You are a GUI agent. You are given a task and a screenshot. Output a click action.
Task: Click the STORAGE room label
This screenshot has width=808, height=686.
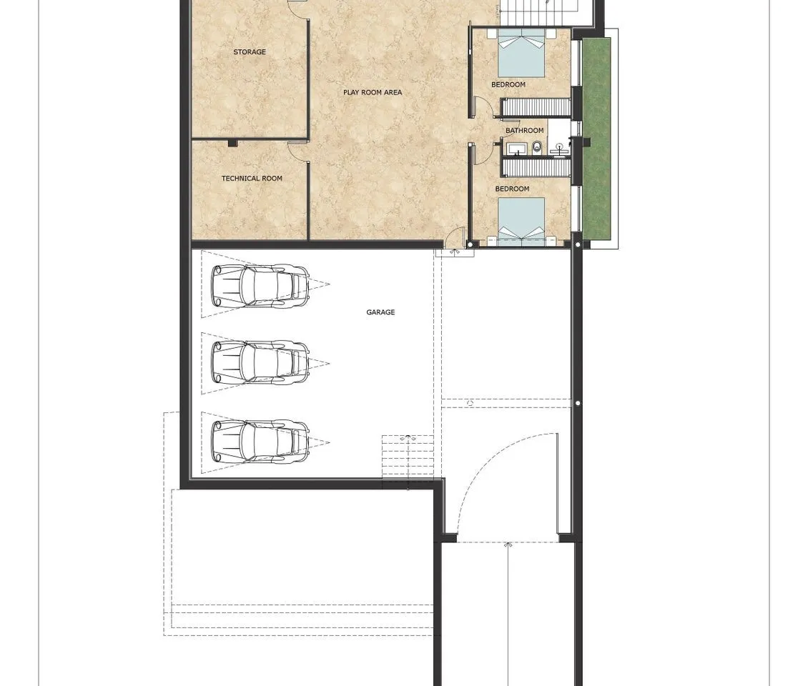[x=250, y=52]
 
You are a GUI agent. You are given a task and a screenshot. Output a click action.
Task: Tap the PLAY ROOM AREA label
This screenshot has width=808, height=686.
[x=373, y=93]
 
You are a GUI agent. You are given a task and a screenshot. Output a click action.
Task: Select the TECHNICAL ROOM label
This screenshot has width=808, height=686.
[x=252, y=179]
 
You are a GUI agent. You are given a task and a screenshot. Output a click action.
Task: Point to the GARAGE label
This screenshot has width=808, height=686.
[x=381, y=312]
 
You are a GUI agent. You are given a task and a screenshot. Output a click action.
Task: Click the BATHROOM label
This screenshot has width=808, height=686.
[x=525, y=131]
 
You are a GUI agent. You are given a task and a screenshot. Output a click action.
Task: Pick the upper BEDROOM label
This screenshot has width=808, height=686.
[x=508, y=84]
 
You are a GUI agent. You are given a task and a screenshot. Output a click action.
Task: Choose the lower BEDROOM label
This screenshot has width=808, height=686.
[x=512, y=189]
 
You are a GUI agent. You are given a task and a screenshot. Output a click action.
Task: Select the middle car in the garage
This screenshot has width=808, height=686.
[x=260, y=363]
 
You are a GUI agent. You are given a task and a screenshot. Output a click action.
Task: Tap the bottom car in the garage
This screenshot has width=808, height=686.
[x=260, y=442]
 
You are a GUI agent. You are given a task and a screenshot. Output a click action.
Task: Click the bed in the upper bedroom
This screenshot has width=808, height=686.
[x=521, y=53]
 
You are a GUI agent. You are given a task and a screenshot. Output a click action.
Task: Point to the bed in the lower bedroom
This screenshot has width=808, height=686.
[x=521, y=219]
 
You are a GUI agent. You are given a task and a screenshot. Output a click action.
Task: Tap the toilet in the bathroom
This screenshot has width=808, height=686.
[x=537, y=148]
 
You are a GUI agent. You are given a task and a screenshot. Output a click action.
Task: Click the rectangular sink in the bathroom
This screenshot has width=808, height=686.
[x=516, y=149]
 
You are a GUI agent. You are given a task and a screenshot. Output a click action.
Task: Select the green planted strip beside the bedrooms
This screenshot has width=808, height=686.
[x=597, y=137]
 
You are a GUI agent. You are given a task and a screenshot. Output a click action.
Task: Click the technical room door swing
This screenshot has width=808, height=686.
[x=297, y=150]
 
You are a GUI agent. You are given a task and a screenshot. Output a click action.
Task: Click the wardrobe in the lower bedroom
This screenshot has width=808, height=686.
[x=536, y=168]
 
